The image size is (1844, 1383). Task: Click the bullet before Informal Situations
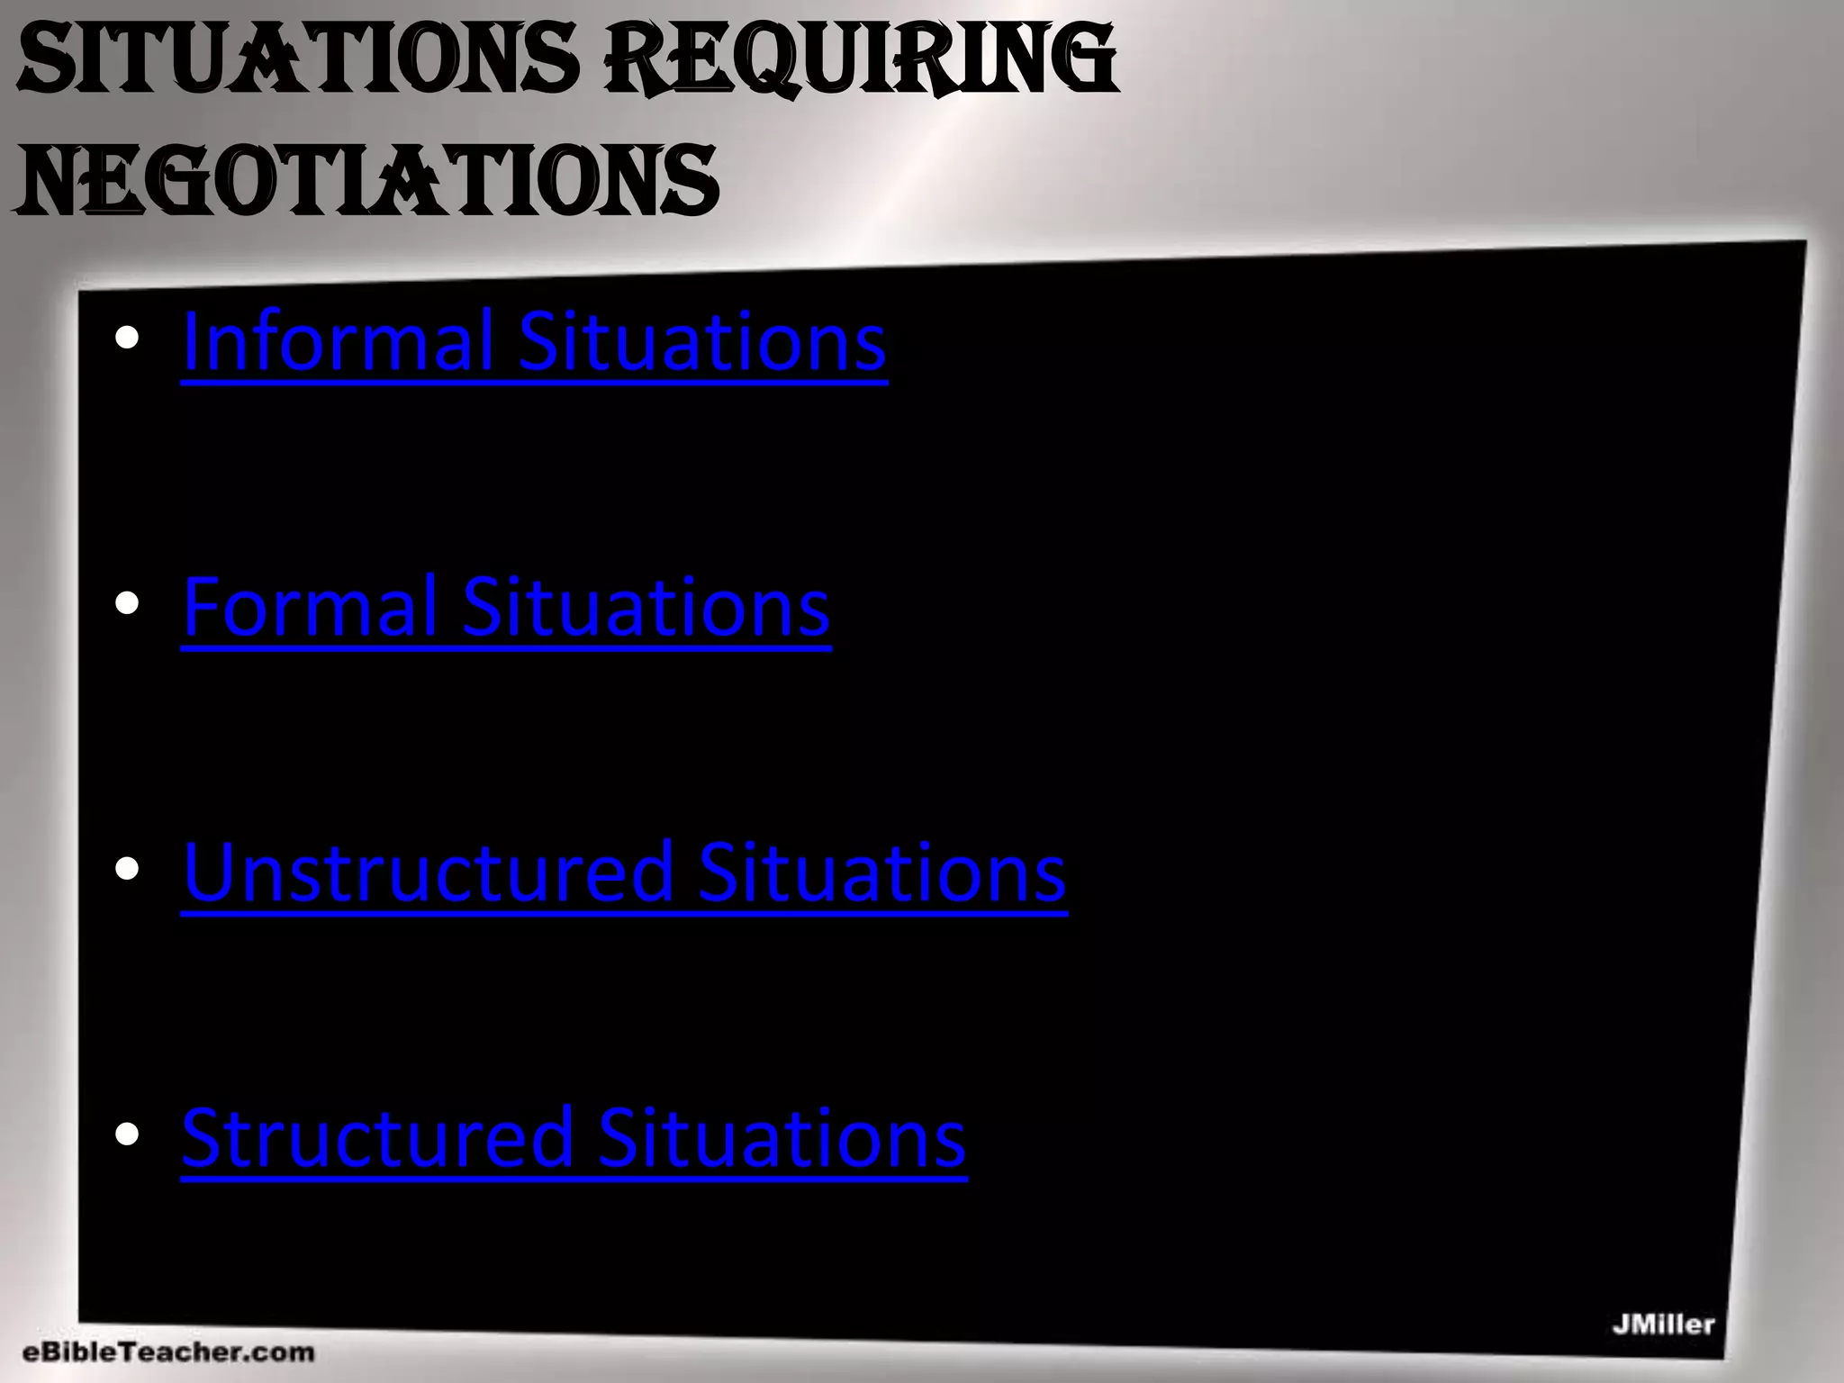pos(127,339)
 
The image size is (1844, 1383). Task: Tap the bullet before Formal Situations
pos(127,604)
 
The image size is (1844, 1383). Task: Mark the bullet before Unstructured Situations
pos(127,869)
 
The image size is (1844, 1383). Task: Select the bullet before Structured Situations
pos(127,1134)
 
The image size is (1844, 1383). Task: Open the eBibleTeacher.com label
pos(168,1352)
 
